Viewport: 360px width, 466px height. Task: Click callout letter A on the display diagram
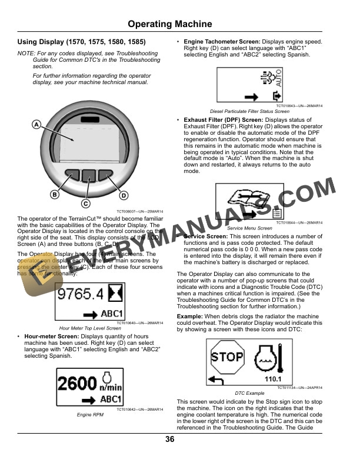36,125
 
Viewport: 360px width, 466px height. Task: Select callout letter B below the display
55,194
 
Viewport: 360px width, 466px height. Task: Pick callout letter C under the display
85,204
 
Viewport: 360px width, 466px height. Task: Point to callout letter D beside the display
124,195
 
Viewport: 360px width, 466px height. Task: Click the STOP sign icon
227,357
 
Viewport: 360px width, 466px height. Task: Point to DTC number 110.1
272,380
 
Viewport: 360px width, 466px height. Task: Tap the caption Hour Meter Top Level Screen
90,328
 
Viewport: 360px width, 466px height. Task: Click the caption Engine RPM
90,415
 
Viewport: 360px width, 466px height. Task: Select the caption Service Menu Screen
249,228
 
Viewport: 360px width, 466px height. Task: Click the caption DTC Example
249,392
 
